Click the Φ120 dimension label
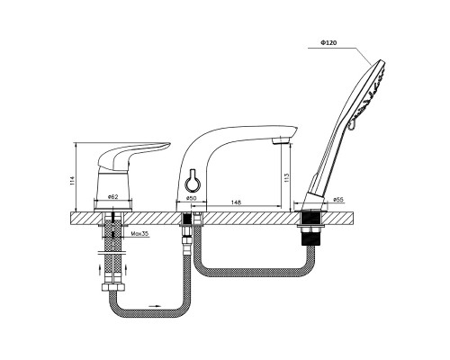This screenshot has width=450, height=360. (x=328, y=42)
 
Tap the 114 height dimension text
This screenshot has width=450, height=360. (x=71, y=181)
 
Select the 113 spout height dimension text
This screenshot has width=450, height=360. (x=286, y=177)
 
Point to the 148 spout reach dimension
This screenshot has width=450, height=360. (x=236, y=202)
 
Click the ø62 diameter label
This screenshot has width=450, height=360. (x=112, y=197)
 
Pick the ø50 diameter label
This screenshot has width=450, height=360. (x=191, y=198)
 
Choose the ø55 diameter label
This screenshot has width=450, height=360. (x=338, y=199)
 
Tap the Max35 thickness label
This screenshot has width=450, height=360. (x=139, y=233)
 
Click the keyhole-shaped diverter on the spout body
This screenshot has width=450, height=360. (x=192, y=182)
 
